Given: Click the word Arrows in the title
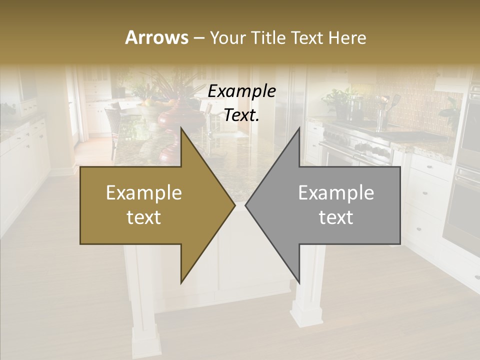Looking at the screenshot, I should point(156,37).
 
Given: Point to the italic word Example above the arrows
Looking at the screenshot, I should point(241,91).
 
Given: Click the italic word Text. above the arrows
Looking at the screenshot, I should point(241,115).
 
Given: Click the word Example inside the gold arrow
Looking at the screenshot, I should point(144,193).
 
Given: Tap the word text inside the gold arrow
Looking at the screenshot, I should point(144,217).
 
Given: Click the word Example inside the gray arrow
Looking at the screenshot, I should point(336,193).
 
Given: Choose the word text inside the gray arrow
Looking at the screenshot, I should point(336,217).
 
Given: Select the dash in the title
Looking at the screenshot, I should point(198,38).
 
